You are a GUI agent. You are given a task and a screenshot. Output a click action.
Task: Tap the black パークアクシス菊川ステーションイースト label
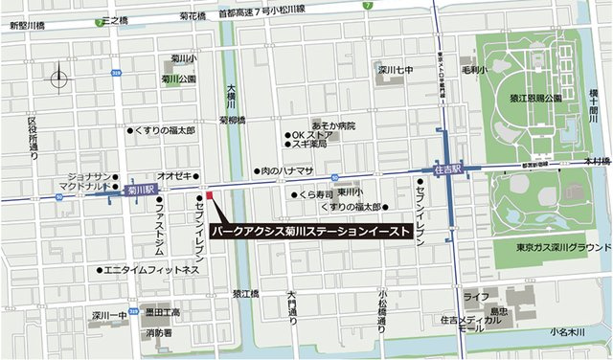(314, 232)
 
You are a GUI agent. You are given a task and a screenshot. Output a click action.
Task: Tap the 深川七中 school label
(393, 69)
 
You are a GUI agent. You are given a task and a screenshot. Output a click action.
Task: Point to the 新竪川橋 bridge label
(28, 27)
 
